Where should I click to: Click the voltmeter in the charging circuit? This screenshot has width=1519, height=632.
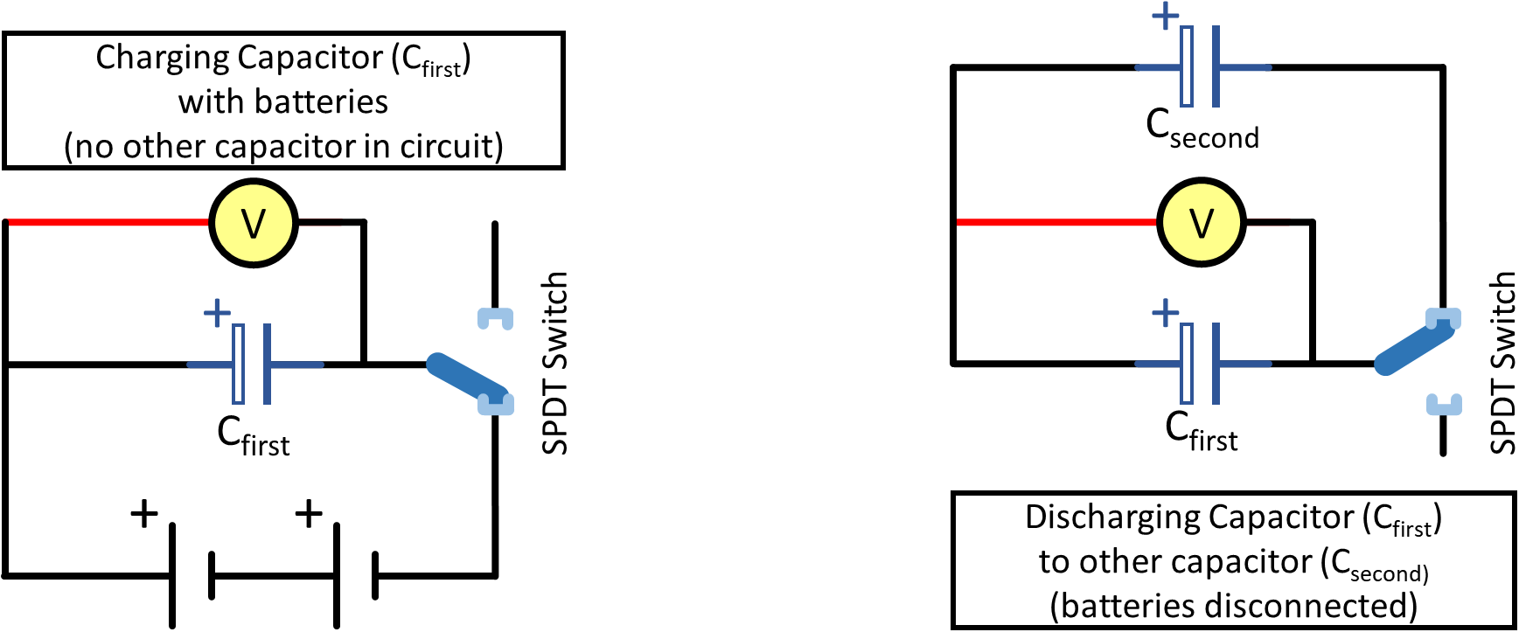pyautogui.click(x=254, y=223)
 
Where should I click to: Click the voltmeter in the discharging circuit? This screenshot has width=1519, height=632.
pyautogui.click(x=1202, y=223)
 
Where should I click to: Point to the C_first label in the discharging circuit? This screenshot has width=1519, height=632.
pyautogui.click(x=1202, y=431)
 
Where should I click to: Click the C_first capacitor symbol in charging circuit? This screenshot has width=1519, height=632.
pyautogui.click(x=253, y=364)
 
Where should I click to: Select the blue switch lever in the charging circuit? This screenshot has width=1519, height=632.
pyautogui.click(x=463, y=378)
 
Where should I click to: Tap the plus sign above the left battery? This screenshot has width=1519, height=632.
pyautogui.click(x=144, y=513)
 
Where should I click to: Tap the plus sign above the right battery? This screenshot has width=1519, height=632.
pyautogui.click(x=309, y=513)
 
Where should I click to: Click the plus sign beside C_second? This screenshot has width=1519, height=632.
pyautogui.click(x=1165, y=16)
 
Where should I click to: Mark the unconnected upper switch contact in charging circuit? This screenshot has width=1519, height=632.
pyautogui.click(x=495, y=318)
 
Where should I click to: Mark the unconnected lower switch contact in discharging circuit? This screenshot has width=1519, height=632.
pyautogui.click(x=1444, y=404)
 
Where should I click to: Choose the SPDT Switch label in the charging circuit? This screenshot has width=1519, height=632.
pyautogui.click(x=555, y=363)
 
